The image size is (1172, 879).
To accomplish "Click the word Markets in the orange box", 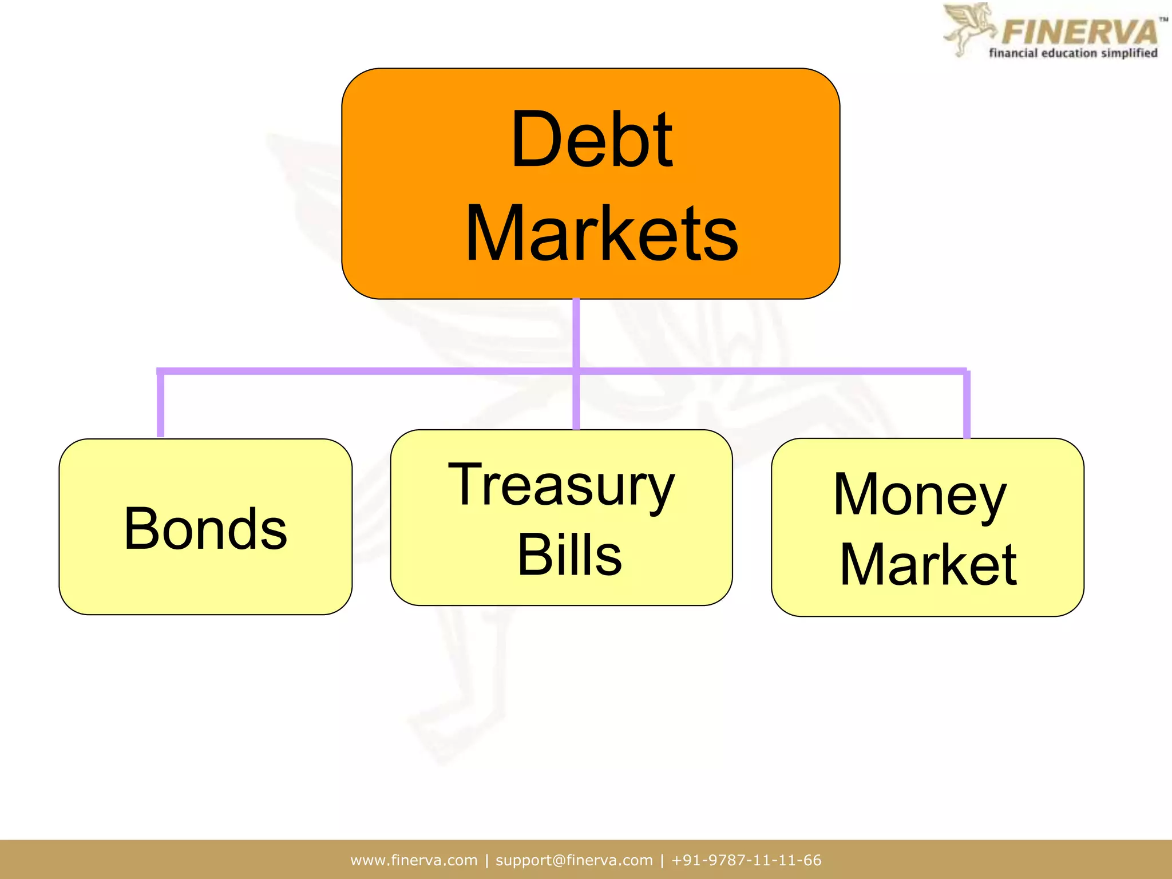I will click(602, 233).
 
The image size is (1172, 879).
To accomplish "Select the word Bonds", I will click(205, 529).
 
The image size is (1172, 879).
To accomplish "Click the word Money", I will click(920, 496).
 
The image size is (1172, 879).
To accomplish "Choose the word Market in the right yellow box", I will click(928, 565).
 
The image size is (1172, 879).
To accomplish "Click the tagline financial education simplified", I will click(1073, 53).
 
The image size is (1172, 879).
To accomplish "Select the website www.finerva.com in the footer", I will click(414, 860).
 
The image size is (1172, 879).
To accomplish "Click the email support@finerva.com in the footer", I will click(574, 860).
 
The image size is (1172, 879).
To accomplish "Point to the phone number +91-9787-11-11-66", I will click(746, 860).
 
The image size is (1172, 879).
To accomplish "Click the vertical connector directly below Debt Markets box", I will click(576, 332).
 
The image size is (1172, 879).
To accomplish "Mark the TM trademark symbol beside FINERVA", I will click(1163, 19).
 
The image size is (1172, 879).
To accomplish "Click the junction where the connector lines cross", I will click(576, 371).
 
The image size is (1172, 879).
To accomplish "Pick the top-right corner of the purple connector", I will click(966, 371).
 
